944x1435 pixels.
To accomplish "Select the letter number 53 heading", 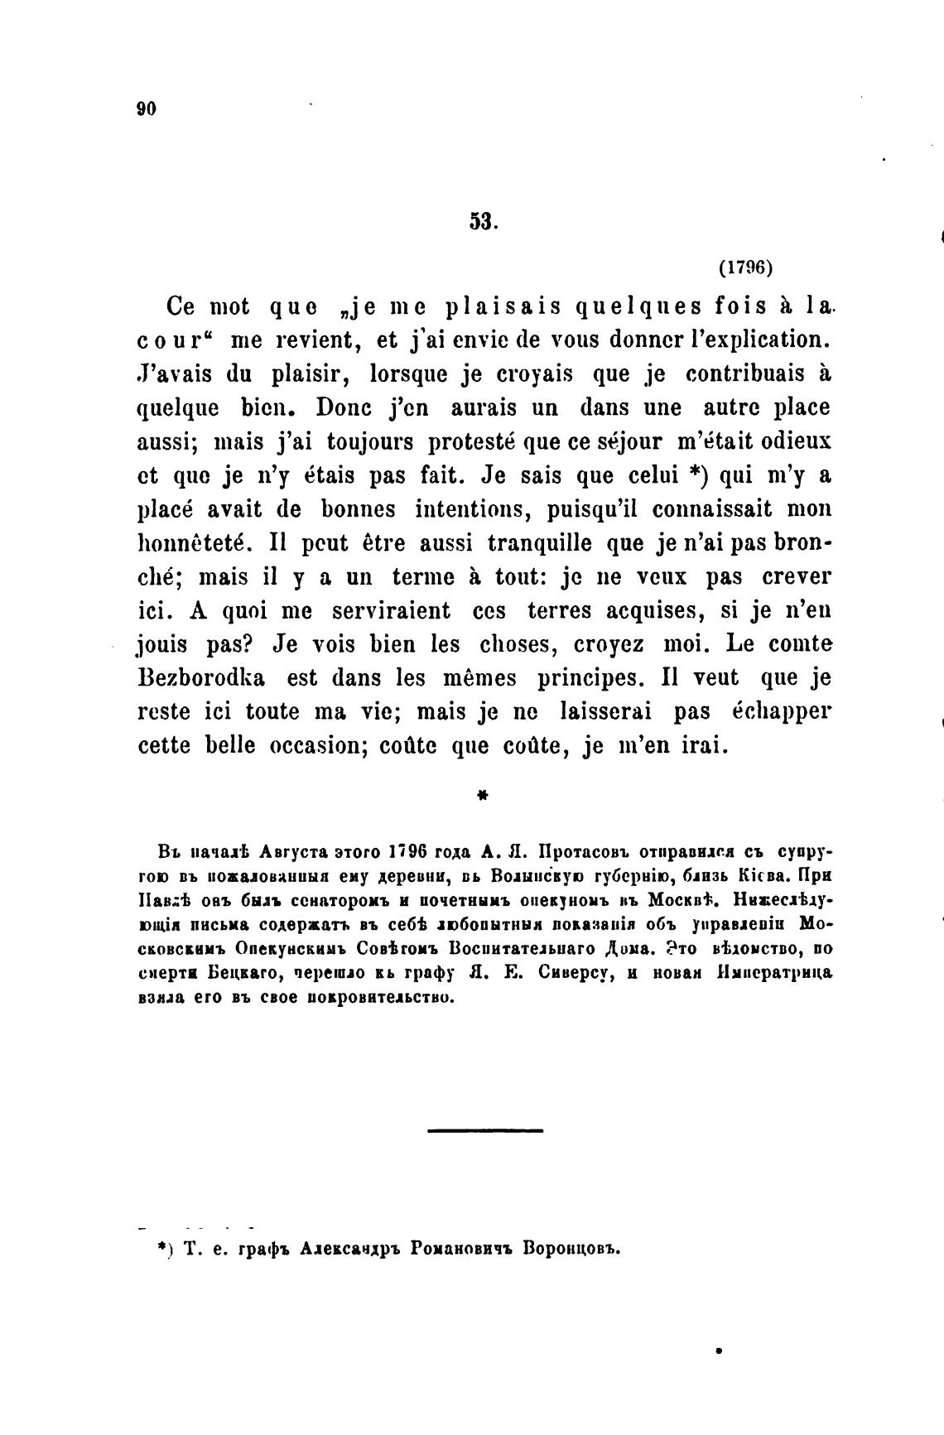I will (x=482, y=221).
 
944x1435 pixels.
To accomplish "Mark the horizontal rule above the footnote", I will (x=485, y=1129).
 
